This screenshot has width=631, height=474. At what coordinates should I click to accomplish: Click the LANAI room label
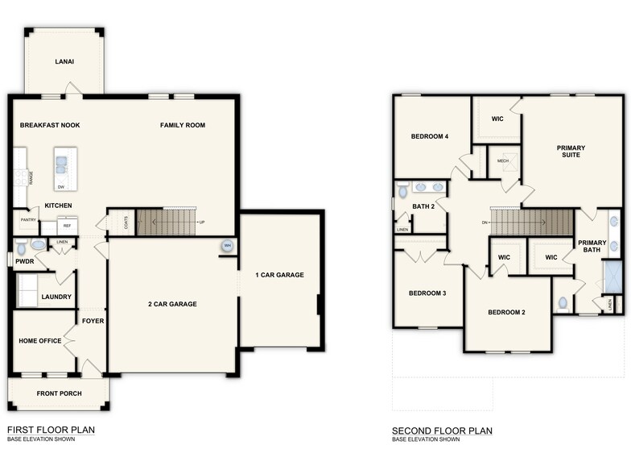(65, 61)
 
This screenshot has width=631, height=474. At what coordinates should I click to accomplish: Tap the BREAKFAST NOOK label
(50, 125)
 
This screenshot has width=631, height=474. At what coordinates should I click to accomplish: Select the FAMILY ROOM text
(182, 125)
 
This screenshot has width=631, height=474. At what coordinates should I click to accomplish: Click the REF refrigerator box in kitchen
(68, 227)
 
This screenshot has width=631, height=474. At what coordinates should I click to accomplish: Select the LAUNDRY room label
(56, 297)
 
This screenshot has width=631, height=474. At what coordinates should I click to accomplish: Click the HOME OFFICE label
(40, 341)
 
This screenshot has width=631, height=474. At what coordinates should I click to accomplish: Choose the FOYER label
(93, 321)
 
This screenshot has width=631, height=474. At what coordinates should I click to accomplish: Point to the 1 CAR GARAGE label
(280, 275)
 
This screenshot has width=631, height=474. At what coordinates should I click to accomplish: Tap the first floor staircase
(166, 222)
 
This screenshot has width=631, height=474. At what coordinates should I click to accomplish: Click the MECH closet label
(503, 160)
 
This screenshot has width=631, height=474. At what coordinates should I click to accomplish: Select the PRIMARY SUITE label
(571, 152)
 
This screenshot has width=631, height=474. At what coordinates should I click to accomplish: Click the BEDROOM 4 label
(429, 136)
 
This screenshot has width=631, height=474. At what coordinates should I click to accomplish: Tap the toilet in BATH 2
(402, 192)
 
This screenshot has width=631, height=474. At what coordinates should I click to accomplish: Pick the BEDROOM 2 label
(506, 312)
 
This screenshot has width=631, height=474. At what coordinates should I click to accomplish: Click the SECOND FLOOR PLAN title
(442, 430)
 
